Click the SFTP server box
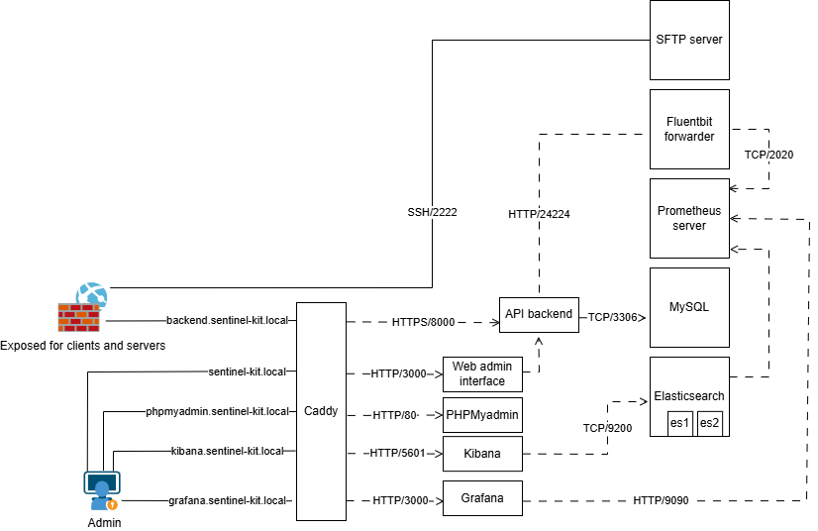coord(689,40)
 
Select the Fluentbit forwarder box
coord(689,129)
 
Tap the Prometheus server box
coord(689,218)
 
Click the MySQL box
coord(689,306)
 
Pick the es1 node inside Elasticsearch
coord(679,423)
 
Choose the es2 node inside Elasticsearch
coord(710,423)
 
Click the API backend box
coord(539,314)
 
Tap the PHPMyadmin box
coord(481,414)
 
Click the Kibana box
coord(481,455)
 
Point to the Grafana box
coord(481,499)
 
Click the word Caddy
coord(321,411)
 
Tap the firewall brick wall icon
coord(78,317)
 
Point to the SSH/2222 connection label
coord(432,212)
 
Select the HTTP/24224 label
coord(539,213)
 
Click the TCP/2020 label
coord(768,155)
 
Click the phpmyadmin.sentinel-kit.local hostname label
coord(217,411)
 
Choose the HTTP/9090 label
coord(661,500)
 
